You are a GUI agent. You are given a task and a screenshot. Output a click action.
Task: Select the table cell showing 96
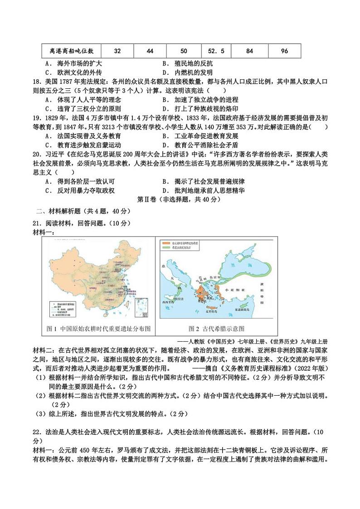[284, 51]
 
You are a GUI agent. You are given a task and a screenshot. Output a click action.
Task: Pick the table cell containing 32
[117, 51]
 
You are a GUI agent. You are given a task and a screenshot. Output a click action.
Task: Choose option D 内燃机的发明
[187, 72]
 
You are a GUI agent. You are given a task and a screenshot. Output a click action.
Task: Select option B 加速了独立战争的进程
[199, 99]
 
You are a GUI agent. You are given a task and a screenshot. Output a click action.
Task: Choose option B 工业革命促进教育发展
[199, 136]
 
